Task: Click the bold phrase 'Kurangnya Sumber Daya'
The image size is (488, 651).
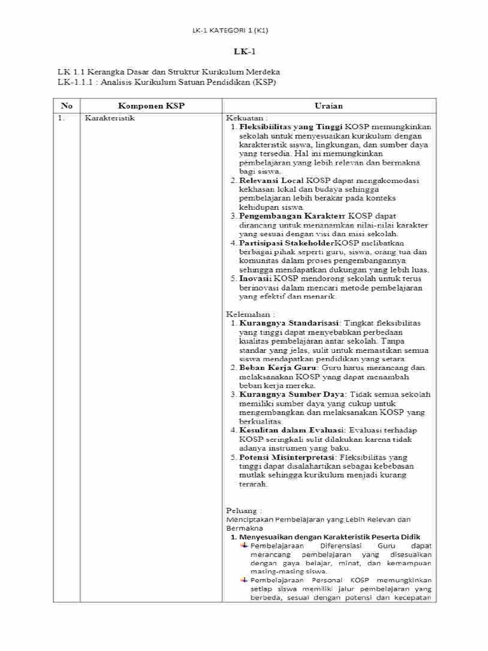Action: (x=286, y=394)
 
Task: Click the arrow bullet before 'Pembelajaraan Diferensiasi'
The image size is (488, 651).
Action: (x=244, y=545)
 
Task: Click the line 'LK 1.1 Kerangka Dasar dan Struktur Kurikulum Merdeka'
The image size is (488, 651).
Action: (x=168, y=72)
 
